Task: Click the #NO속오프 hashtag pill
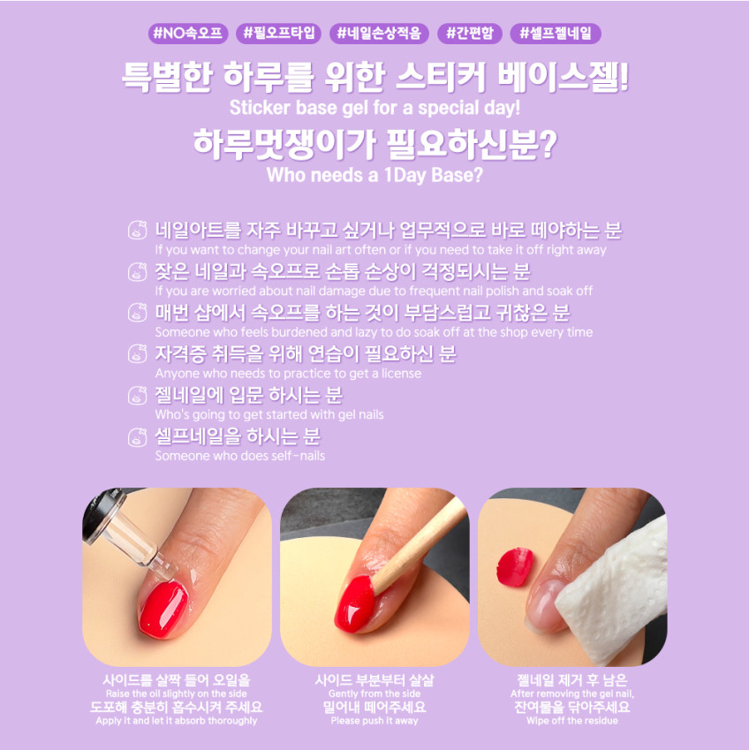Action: coord(188,34)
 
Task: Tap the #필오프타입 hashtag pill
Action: coord(279,34)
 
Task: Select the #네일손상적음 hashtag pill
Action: coord(379,34)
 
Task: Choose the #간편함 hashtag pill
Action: coord(470,34)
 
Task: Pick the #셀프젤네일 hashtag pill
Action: coord(556,34)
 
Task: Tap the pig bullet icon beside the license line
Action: coord(137,354)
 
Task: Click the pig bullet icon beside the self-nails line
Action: coord(137,437)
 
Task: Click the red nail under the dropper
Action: coord(163,608)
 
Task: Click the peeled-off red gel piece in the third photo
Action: coord(515,567)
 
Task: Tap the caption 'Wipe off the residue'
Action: coord(572,721)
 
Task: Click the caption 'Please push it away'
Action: coord(374,721)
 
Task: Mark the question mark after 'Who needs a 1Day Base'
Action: coord(476,175)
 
